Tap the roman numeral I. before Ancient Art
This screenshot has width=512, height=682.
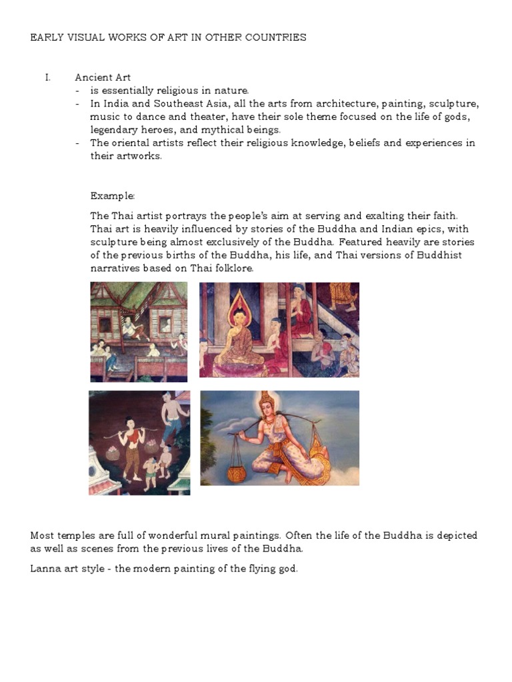click(48, 77)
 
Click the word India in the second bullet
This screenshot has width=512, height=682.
click(115, 104)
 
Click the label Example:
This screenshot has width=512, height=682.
click(113, 196)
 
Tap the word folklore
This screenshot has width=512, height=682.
click(233, 268)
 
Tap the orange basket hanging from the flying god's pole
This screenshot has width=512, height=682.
click(235, 472)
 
